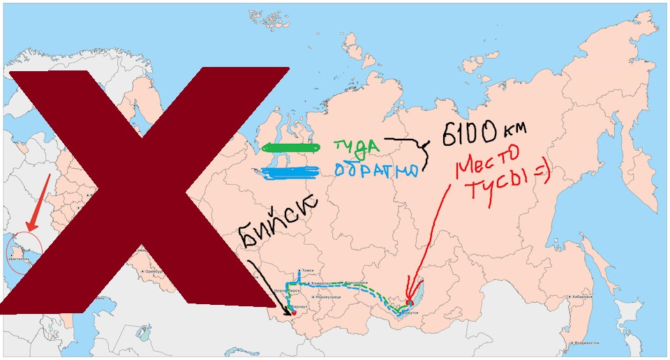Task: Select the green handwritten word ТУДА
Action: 356,146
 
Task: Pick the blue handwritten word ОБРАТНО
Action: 376,171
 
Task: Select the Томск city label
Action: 308,271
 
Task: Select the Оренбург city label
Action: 154,271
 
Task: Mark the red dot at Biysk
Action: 295,313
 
